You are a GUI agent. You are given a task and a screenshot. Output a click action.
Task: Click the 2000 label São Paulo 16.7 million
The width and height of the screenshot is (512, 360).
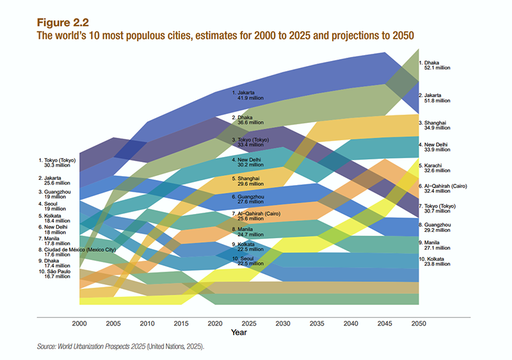[x=56, y=275]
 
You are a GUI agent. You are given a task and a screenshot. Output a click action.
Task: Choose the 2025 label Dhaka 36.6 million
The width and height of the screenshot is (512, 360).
[x=247, y=120]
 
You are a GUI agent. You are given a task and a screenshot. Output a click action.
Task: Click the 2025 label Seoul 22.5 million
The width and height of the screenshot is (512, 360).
[x=246, y=259]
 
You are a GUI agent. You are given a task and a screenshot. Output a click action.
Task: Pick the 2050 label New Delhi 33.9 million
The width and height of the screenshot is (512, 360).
[x=435, y=147]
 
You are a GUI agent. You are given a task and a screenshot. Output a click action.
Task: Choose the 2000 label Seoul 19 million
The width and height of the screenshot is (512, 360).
[x=54, y=206]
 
